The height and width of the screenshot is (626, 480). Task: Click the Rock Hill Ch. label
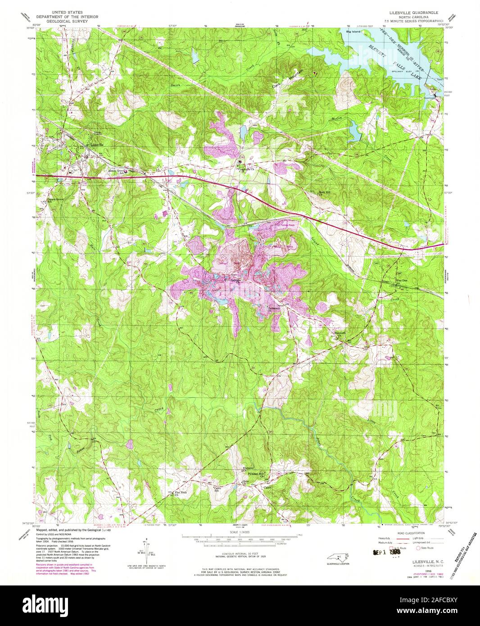tap(325, 193)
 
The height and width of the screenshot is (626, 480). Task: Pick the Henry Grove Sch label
tap(116, 172)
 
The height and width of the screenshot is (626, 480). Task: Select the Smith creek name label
tap(175, 84)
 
